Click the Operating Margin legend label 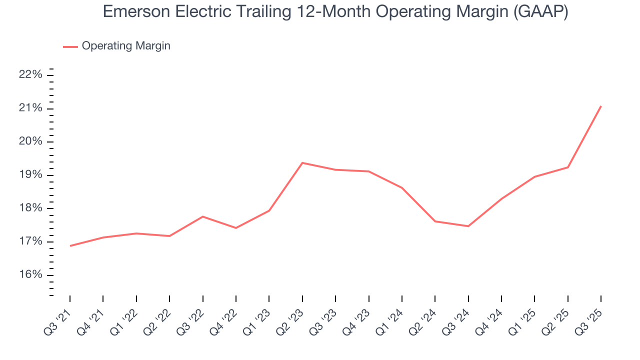pyautogui.click(x=126, y=46)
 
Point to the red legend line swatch pyautogui.click(x=70, y=46)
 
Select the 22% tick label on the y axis pyautogui.click(x=31, y=75)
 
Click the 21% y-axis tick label pyautogui.click(x=31, y=108)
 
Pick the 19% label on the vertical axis pyautogui.click(x=31, y=175)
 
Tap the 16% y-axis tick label pyautogui.click(x=31, y=275)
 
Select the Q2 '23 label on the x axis pyautogui.click(x=294, y=317)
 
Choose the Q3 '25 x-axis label pyautogui.click(x=592, y=317)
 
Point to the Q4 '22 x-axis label pyautogui.click(x=227, y=317)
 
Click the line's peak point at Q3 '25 pyautogui.click(x=601, y=106)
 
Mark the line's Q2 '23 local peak pyautogui.click(x=302, y=162)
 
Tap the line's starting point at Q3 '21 pyautogui.click(x=70, y=246)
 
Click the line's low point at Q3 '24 pyautogui.click(x=468, y=226)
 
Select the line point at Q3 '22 pyautogui.click(x=203, y=216)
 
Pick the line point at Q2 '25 pyautogui.click(x=568, y=167)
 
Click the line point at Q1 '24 pyautogui.click(x=402, y=187)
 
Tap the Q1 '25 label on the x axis pyautogui.click(x=526, y=317)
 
